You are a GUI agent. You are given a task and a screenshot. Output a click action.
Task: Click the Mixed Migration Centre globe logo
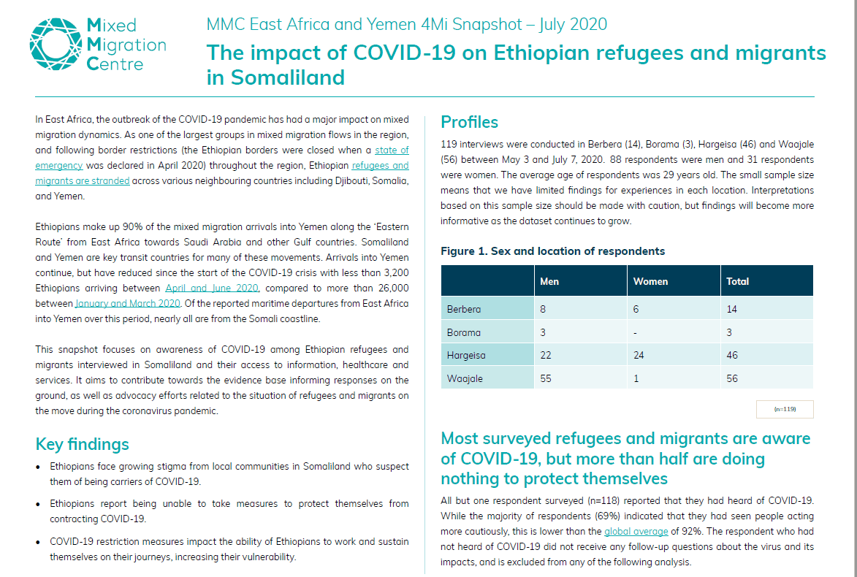coord(56,45)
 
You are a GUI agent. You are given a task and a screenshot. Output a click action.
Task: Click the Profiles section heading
coord(470,122)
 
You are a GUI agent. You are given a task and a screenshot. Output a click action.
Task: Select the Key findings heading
coord(82,444)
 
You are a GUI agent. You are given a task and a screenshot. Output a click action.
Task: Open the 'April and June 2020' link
coord(212,288)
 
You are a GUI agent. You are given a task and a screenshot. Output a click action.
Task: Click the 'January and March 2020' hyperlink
coord(128,303)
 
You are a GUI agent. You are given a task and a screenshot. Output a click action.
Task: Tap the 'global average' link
coord(636,531)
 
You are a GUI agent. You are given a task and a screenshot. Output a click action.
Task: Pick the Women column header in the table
coord(650,281)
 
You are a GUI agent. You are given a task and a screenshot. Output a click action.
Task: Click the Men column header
coord(549,281)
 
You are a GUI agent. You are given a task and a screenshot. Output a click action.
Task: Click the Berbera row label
coord(464,309)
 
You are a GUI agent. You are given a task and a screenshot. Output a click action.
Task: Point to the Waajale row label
coord(465,378)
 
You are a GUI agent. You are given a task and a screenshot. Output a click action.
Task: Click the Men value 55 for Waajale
coord(546,378)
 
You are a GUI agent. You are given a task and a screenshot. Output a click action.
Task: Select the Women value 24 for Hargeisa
coord(639,355)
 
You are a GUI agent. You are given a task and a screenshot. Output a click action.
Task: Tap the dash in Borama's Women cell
coord(635,333)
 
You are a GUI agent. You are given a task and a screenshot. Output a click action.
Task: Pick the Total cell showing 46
coord(732,355)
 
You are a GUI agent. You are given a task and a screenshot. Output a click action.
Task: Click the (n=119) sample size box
coord(785,409)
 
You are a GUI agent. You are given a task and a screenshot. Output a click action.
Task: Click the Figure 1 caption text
coord(552,251)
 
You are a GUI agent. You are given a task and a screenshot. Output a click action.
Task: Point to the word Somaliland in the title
coord(287,77)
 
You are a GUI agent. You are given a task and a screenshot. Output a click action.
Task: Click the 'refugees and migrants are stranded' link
coord(222,172)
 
